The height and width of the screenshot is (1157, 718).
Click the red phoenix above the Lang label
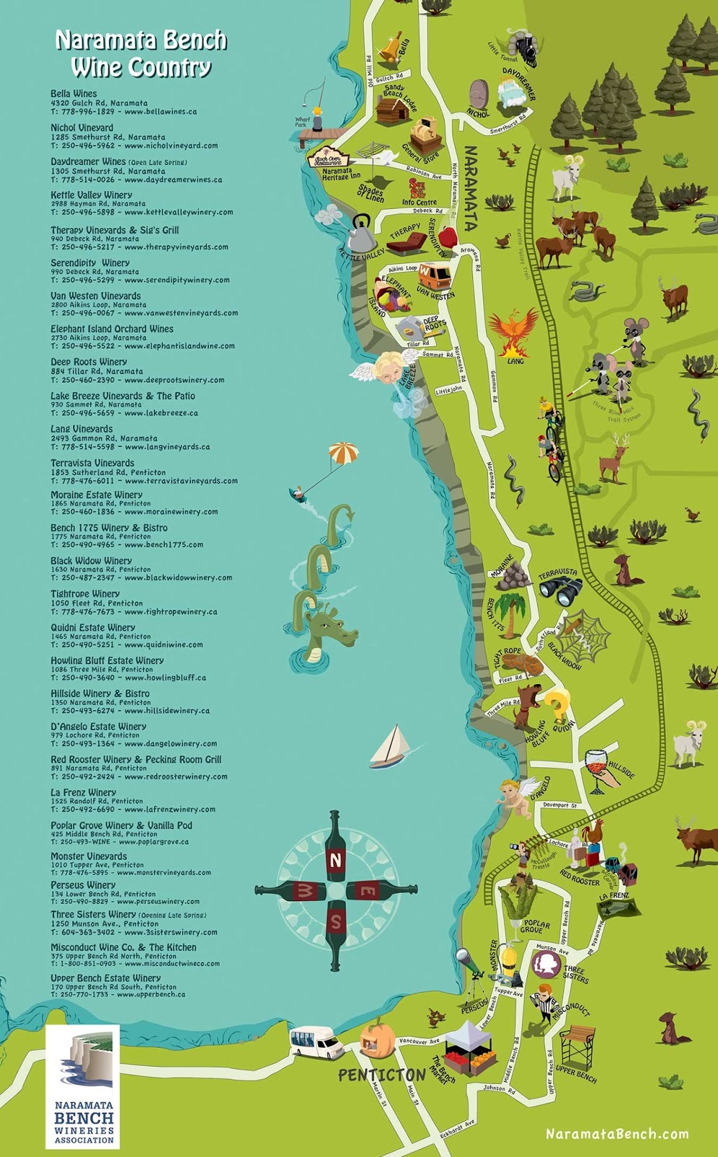[515, 329]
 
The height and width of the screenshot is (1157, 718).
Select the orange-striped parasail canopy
[343, 454]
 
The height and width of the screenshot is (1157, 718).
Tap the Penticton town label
[381, 1075]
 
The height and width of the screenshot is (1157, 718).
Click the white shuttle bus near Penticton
[313, 1043]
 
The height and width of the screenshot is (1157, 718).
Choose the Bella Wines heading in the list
[74, 93]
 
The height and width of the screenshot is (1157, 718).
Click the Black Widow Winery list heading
[91, 560]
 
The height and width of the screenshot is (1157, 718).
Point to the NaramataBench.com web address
[617, 1134]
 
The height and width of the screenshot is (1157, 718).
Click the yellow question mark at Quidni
[557, 704]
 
